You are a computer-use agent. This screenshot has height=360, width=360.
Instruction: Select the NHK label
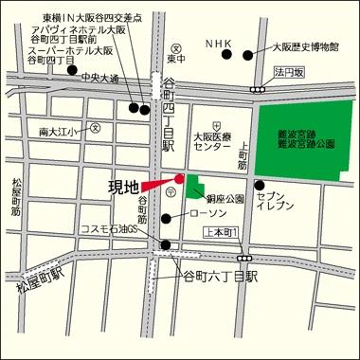click(x=219, y=43)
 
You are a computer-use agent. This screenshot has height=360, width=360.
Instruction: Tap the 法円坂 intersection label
click(x=284, y=71)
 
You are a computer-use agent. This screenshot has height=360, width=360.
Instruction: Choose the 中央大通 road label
click(x=99, y=77)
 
